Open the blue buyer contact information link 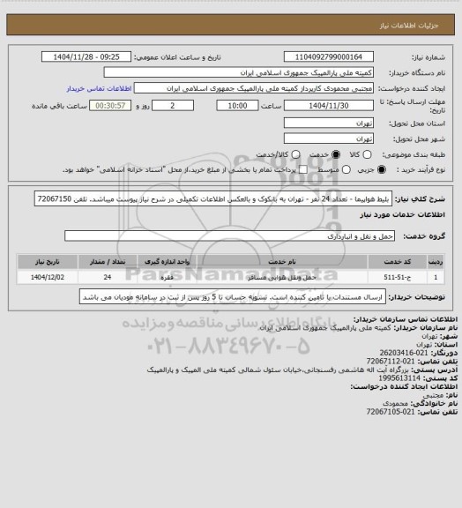tap(98, 89)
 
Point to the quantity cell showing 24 tap(107, 276)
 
